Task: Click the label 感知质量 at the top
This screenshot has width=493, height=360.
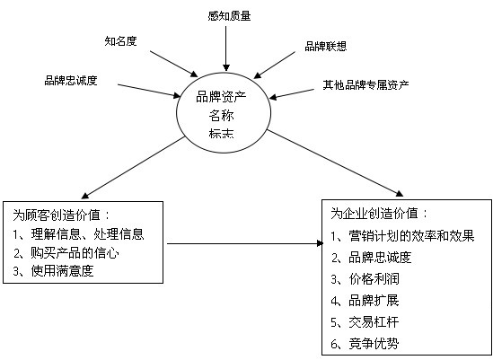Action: (229, 16)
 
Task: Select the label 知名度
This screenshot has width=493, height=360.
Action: (120, 41)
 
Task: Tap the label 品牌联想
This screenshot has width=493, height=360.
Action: (326, 46)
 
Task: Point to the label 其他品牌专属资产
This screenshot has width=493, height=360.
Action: (366, 84)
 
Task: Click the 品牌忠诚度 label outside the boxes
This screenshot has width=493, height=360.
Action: (71, 81)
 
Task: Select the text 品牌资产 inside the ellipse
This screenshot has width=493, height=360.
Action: (221, 97)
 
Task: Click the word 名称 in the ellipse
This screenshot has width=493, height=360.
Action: (221, 116)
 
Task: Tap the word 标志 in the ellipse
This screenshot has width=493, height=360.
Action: (221, 133)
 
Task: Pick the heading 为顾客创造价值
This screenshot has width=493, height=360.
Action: (57, 215)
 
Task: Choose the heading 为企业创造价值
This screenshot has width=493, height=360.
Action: (374, 214)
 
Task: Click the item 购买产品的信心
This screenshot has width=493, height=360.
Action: (75, 253)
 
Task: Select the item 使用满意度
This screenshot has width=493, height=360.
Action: (63, 271)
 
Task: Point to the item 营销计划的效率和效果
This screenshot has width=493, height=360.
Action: (411, 236)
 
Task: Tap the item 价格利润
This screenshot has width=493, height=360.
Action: (374, 279)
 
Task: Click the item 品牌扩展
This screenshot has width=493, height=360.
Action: (374, 301)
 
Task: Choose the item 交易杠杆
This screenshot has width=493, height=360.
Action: (374, 322)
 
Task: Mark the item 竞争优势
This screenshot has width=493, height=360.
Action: (374, 343)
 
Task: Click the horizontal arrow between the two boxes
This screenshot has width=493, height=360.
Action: (245, 243)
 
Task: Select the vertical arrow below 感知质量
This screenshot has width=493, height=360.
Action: (226, 48)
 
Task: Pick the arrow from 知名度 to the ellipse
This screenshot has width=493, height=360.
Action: (173, 64)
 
